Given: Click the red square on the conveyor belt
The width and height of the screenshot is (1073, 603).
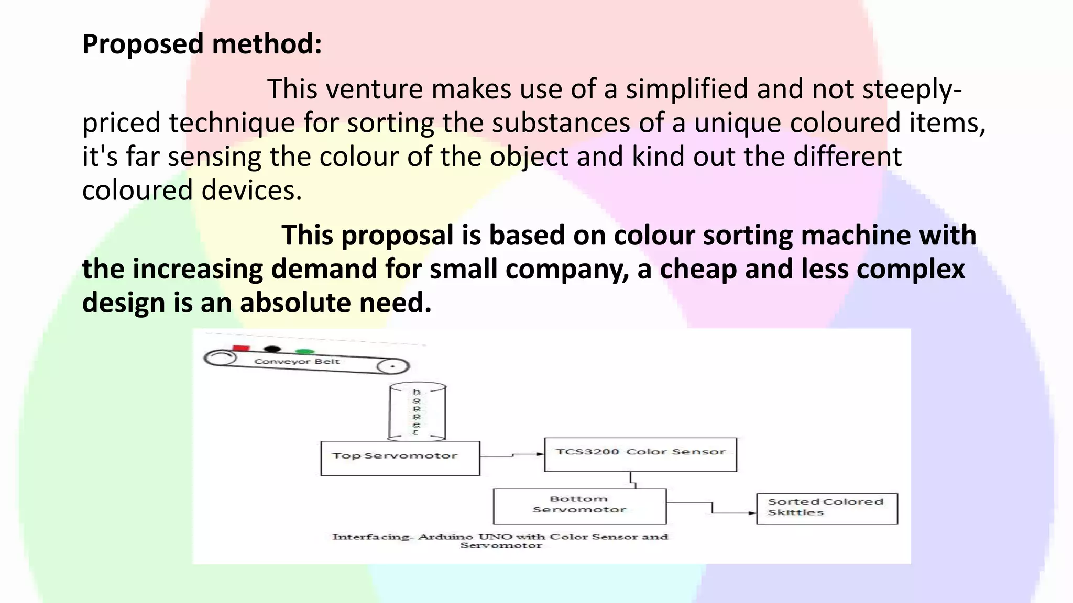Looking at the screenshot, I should pos(241,348).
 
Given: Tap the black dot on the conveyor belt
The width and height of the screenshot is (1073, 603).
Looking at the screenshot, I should pos(272,349).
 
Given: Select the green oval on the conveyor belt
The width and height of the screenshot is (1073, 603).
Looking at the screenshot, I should pos(304,352).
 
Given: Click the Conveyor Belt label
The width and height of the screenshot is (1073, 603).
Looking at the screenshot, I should pos(297,361).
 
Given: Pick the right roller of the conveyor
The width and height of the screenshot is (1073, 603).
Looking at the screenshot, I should pos(393,366).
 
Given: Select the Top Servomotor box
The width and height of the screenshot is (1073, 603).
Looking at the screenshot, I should pos(400,458).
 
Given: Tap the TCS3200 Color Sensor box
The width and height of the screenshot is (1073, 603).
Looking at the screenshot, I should pos(640,454).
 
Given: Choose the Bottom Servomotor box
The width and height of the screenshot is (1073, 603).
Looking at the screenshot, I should pos(579,506).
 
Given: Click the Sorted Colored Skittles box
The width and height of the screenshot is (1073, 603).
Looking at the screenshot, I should pos(827,508).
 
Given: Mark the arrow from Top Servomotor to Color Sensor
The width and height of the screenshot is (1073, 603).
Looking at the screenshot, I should pos(512,455).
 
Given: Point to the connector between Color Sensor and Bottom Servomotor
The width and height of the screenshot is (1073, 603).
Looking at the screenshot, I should pos(633,480).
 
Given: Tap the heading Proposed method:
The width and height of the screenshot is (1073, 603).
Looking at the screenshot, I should pos(202,43).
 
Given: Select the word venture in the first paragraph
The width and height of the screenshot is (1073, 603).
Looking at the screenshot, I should pos(374,88).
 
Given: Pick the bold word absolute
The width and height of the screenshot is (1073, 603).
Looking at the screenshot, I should pos(296,303).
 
